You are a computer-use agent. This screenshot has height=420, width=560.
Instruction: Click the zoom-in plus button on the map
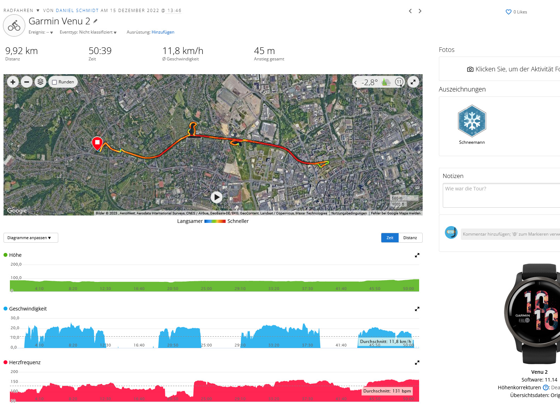click(13, 82)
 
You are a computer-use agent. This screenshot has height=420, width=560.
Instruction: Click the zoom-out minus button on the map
click(26, 82)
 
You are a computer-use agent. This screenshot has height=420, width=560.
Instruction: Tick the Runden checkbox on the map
click(54, 82)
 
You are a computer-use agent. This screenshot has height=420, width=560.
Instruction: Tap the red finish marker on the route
click(97, 143)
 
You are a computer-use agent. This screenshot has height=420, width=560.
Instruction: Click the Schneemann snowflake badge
click(472, 121)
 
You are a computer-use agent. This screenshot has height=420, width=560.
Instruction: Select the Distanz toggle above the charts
click(410, 238)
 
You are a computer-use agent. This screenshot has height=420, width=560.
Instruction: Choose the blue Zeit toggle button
click(390, 238)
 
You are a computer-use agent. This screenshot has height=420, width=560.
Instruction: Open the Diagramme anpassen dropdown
click(31, 238)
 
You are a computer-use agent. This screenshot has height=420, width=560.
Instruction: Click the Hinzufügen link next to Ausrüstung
click(163, 32)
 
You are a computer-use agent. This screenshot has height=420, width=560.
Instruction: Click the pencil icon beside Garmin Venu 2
click(95, 21)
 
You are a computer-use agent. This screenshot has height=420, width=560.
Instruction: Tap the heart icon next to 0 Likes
click(508, 12)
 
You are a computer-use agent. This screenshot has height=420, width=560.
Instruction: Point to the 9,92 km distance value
click(22, 51)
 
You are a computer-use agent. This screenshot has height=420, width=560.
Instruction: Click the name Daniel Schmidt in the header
click(77, 11)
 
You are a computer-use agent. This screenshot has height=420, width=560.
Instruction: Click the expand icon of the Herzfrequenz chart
click(417, 362)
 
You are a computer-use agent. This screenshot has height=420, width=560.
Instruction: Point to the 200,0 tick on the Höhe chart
click(16, 264)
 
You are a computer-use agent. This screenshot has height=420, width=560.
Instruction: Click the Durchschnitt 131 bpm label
click(387, 391)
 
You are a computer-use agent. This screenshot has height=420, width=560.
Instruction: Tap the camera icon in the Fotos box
click(470, 69)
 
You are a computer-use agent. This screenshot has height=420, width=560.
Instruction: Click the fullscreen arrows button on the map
click(413, 82)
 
